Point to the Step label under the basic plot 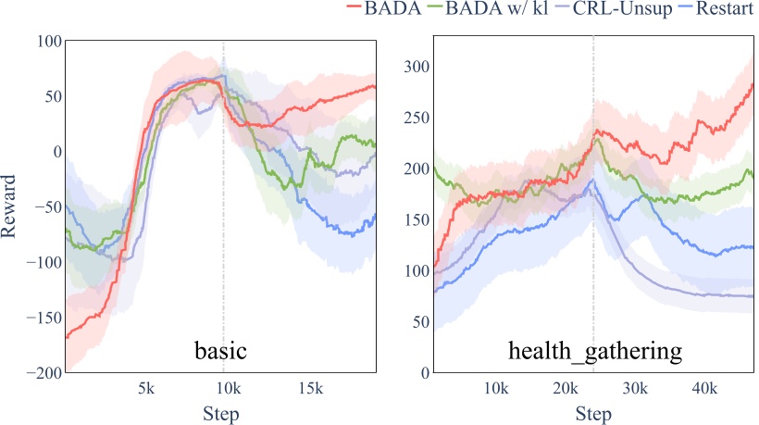pyautogui.click(x=219, y=413)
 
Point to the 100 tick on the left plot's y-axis pyautogui.click(x=46, y=42)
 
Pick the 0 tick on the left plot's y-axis pyautogui.click(x=55, y=152)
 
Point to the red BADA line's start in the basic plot pyautogui.click(x=67, y=336)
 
